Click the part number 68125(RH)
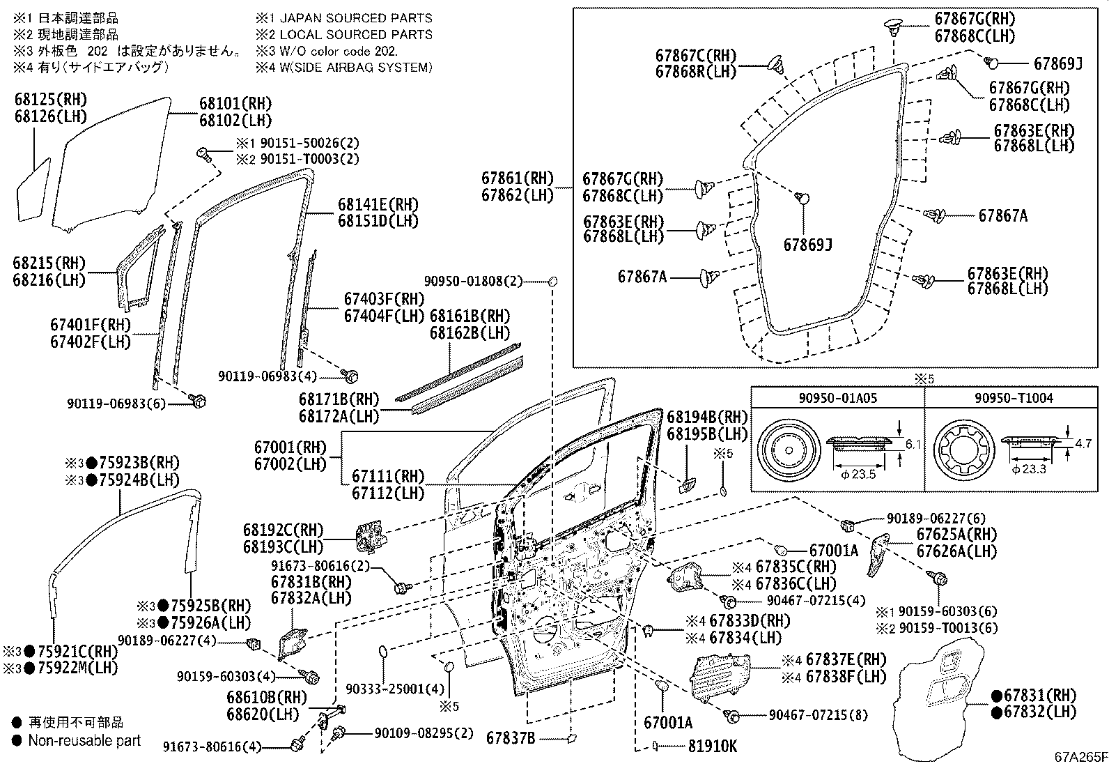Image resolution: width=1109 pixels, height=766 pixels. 51,100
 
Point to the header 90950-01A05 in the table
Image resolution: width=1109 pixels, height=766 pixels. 837,398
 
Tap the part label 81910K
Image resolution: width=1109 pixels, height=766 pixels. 713,746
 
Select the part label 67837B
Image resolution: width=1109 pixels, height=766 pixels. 511,737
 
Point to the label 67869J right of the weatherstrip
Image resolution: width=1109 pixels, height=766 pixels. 1057,64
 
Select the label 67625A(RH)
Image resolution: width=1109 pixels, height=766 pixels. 956,535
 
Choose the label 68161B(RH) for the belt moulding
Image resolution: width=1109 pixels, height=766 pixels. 470,316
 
